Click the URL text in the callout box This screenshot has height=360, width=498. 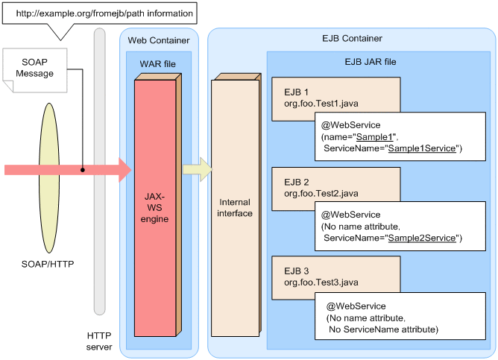click(104, 13)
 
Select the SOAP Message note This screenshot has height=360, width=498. click(35, 70)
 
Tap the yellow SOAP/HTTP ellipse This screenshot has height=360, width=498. click(49, 178)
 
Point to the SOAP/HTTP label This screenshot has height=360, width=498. click(48, 264)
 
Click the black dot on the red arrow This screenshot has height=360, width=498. click(83, 170)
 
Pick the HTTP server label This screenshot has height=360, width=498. click(99, 341)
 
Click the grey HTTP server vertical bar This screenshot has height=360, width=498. click(99, 171)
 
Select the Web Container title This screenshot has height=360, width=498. click(159, 40)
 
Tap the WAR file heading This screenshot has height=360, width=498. click(158, 64)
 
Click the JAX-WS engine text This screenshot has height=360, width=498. click(154, 208)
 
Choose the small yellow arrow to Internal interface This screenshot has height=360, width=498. click(198, 169)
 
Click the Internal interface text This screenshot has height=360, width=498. click(235, 208)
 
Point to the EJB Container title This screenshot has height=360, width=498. click(352, 39)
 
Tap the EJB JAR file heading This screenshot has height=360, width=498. click(371, 62)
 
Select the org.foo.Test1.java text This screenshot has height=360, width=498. click(321, 104)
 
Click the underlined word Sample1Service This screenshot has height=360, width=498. click(422, 148)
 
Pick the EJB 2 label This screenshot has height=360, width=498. click(297, 182)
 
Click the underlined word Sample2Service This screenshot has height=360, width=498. click(422, 238)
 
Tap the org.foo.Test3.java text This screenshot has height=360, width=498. click(321, 282)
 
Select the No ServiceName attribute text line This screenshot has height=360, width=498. click(384, 329)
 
